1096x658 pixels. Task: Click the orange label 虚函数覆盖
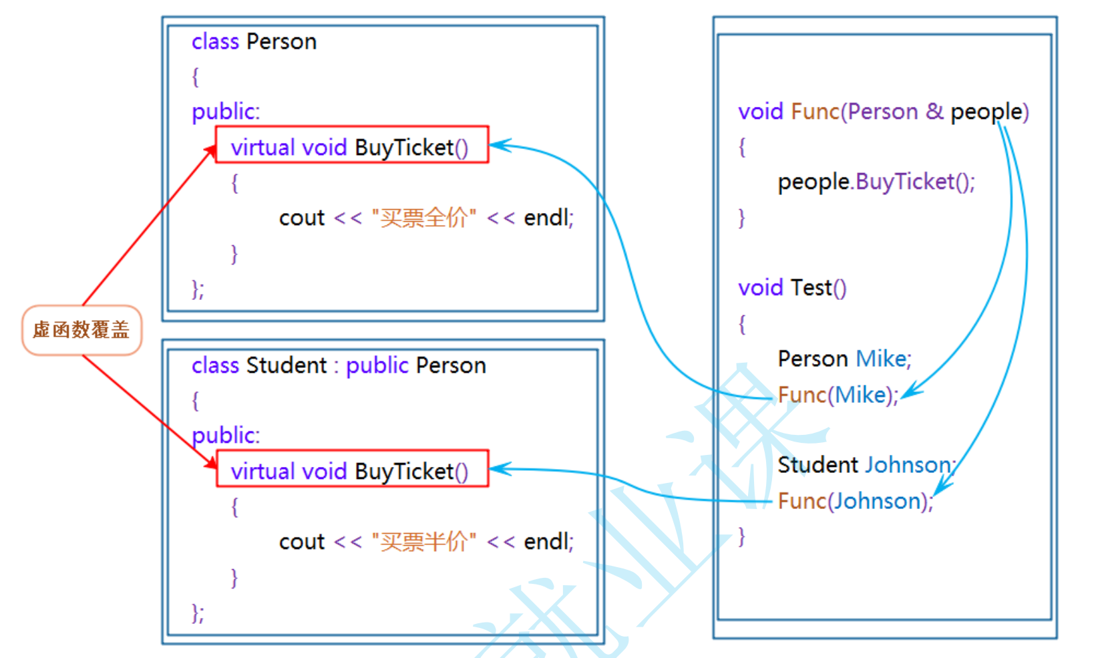[x=81, y=330]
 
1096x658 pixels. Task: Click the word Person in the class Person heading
[x=281, y=41]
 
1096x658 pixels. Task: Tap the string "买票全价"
[x=423, y=218]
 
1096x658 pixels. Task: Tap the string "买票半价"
[x=423, y=542]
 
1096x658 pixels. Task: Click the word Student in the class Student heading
[x=287, y=365]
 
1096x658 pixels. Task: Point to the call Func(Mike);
[x=838, y=395]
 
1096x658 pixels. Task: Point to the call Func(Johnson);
[x=854, y=501]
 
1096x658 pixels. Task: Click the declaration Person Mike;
[x=844, y=359]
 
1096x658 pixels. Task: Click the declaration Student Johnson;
[x=866, y=464]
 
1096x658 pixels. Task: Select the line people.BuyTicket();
[x=876, y=182]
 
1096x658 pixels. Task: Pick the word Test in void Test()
[x=811, y=288]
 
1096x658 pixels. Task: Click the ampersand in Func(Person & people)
[x=934, y=111]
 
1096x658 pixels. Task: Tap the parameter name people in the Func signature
[x=986, y=112]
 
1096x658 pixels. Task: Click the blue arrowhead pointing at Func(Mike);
[x=910, y=393]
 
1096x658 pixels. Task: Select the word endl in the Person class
[x=548, y=218]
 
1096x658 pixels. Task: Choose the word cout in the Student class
[x=302, y=542]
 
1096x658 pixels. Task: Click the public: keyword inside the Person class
[x=226, y=112]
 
